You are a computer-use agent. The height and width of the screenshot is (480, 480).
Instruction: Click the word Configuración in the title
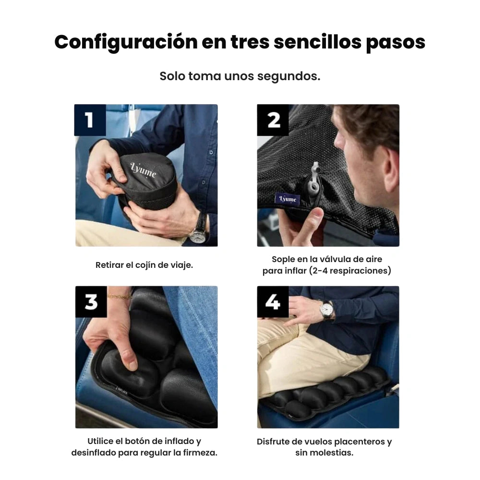tap(126, 42)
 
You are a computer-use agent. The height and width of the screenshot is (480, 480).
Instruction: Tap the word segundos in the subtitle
tap(288, 76)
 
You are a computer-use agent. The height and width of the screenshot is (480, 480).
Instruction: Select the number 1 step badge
tap(90, 120)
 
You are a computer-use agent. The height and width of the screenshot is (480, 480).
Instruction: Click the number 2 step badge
tap(273, 120)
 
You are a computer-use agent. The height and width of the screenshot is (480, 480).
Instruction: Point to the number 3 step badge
tap(91, 302)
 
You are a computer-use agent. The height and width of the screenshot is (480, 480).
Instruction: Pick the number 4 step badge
tap(273, 302)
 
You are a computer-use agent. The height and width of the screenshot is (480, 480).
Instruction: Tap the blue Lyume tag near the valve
tap(287, 199)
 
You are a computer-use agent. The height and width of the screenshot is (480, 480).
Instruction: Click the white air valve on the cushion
tap(314, 177)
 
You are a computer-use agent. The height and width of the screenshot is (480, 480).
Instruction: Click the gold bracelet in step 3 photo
tap(120, 296)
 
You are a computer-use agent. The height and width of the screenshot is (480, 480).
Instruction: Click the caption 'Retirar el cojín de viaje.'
tap(144, 265)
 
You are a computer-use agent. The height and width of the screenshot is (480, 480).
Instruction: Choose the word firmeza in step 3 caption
tap(200, 453)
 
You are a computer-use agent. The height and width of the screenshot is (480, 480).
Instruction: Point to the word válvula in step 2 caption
tap(335, 259)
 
